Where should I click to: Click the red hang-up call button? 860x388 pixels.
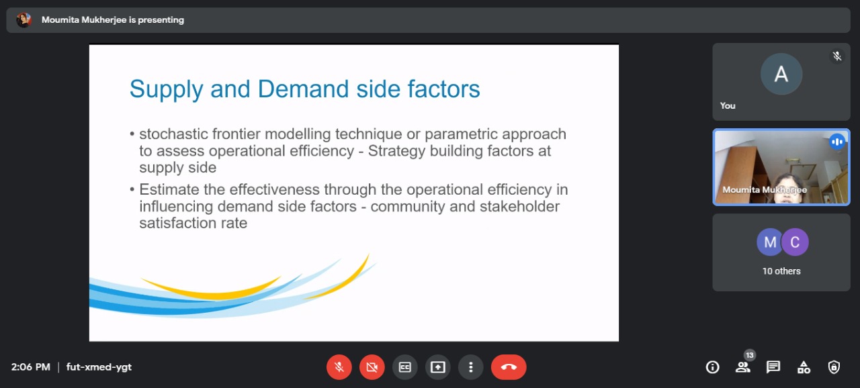click(x=509, y=367)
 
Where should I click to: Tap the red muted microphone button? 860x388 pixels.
click(x=339, y=367)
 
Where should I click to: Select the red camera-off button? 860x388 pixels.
click(x=372, y=367)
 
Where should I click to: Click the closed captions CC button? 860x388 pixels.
click(x=404, y=367)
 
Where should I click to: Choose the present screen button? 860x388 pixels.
click(x=437, y=367)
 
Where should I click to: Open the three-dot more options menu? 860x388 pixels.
click(x=471, y=367)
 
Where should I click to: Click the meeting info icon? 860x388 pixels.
click(x=712, y=367)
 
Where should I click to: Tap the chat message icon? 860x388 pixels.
click(x=773, y=367)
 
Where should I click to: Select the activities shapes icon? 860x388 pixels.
click(x=804, y=367)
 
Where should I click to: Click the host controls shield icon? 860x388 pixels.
click(x=834, y=367)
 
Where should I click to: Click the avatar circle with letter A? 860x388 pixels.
click(x=781, y=74)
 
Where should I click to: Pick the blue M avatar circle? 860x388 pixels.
click(x=770, y=242)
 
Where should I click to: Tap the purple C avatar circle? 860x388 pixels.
click(x=795, y=242)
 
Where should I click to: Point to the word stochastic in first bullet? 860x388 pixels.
click(x=173, y=134)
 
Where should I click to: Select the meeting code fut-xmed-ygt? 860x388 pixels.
click(x=99, y=367)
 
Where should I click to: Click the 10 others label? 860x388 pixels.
click(x=781, y=271)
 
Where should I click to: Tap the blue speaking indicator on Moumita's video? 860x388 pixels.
click(x=837, y=142)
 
